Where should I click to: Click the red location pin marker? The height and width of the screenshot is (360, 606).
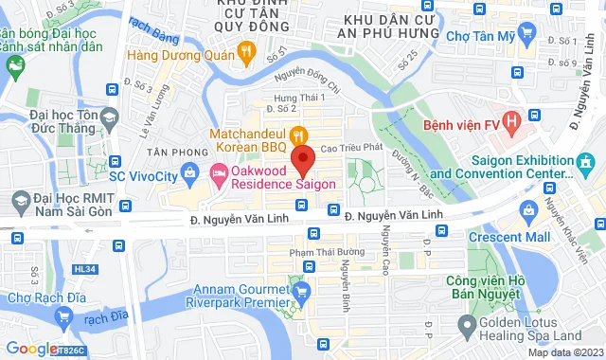303,157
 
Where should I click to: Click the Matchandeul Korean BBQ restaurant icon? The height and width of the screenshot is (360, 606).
296,135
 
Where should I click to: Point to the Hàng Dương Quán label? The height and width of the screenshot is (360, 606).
181,54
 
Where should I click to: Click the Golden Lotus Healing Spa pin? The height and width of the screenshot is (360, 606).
467,327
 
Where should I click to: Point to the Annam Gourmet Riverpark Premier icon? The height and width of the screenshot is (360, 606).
300,291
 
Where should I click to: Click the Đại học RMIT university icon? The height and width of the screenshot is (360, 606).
21,201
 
